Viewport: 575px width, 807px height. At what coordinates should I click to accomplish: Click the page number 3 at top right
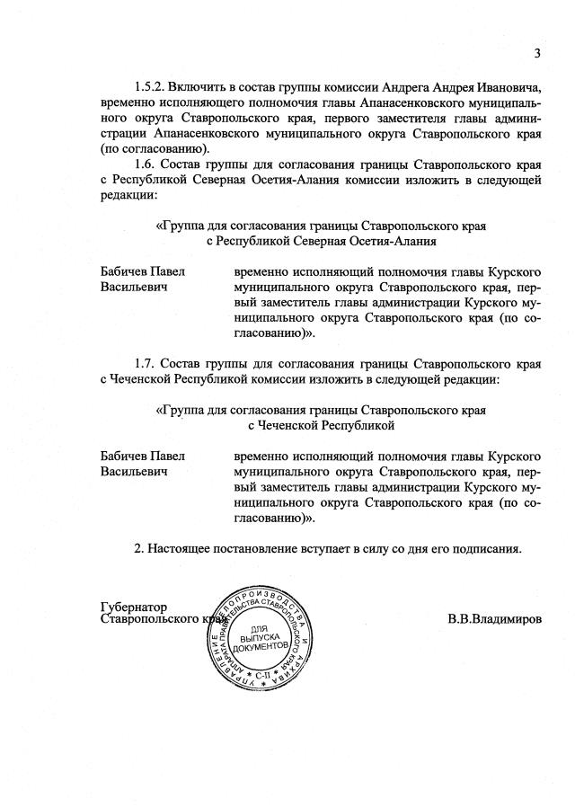click(536, 52)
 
